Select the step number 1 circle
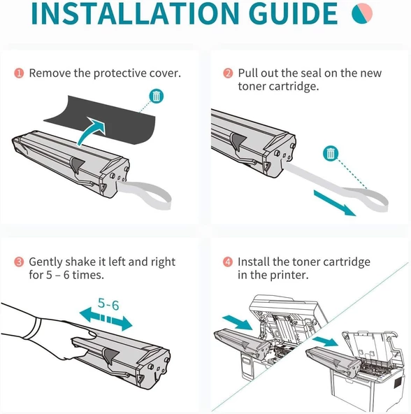[x=18, y=73]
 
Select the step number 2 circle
[x=228, y=73]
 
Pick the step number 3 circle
[x=18, y=262]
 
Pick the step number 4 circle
[x=228, y=262]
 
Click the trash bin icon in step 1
[x=158, y=97]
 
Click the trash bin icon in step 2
[x=329, y=153]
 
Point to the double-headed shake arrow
[x=105, y=319]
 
